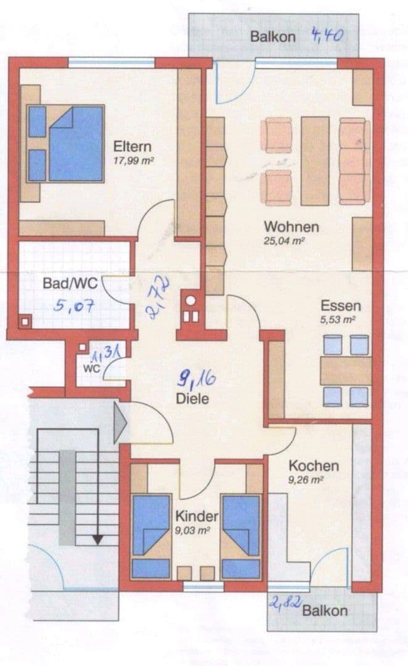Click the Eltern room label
click(x=132, y=147)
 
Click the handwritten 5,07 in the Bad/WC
click(x=74, y=305)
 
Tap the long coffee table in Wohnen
click(x=315, y=160)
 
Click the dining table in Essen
click(x=346, y=371)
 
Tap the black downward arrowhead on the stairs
click(x=97, y=540)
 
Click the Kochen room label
click(x=313, y=466)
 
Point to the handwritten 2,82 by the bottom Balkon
click(x=285, y=602)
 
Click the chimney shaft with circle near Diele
click(x=191, y=302)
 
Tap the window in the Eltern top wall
click(x=111, y=62)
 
